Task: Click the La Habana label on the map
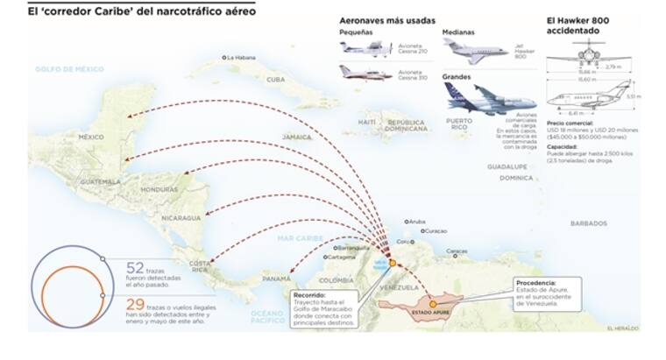pyautogui.click(x=243, y=58)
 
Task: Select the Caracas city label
pyautogui.click(x=457, y=251)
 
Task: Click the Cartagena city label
pyautogui.click(x=344, y=258)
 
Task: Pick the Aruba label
pyautogui.click(x=417, y=222)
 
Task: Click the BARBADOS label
pyautogui.click(x=588, y=223)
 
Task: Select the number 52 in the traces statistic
pyautogui.click(x=135, y=269)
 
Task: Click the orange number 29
pyautogui.click(x=135, y=305)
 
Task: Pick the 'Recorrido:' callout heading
pyautogui.click(x=314, y=296)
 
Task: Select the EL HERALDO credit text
pyautogui.click(x=623, y=328)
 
